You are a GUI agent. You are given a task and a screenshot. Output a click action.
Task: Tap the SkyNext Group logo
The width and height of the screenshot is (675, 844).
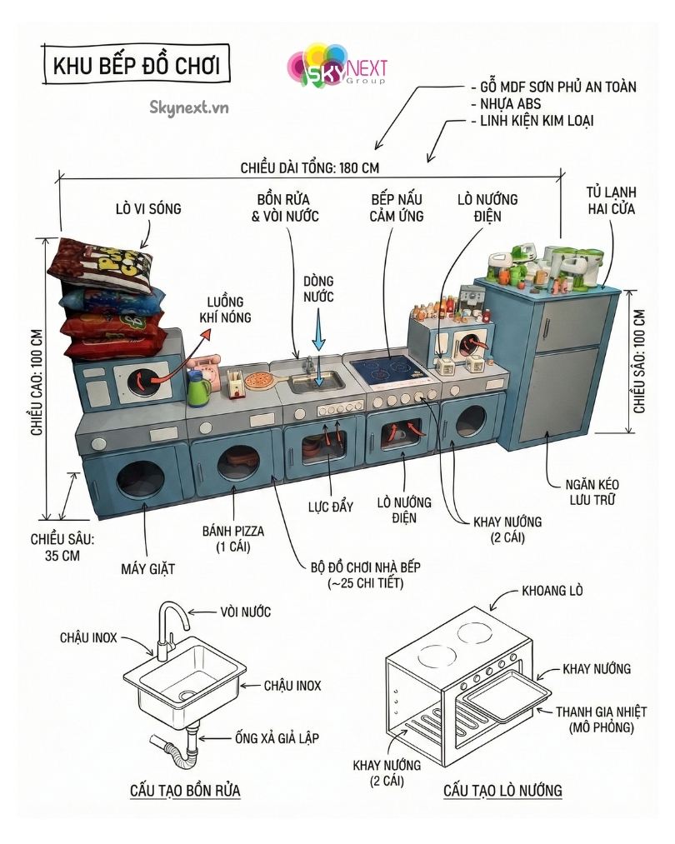pyautogui.click(x=337, y=66)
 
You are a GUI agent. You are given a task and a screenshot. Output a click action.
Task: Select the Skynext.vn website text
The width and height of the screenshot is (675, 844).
pyautogui.click(x=189, y=107)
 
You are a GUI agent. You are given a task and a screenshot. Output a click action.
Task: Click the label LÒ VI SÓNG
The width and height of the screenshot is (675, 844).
pyautogui.click(x=148, y=207)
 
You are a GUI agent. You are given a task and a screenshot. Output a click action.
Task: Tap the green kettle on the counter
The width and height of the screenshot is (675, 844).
pyautogui.click(x=197, y=388)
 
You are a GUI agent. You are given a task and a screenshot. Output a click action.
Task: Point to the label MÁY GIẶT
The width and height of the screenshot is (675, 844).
pyautogui.click(x=147, y=569)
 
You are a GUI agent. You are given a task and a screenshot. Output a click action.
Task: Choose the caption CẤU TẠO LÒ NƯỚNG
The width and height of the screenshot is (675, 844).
pyautogui.click(x=502, y=789)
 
